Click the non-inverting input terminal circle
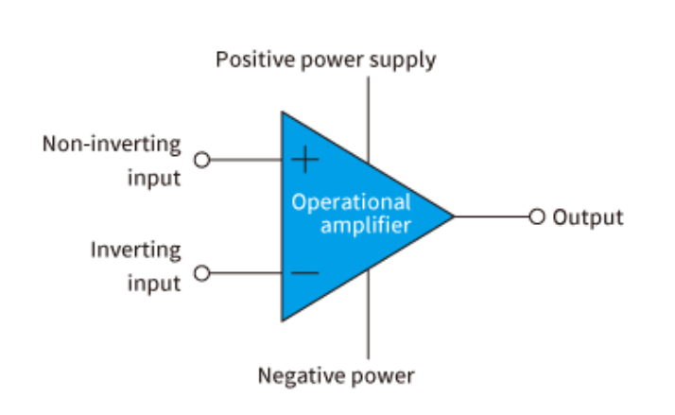[200, 160]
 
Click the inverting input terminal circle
[200, 274]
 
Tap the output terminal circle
[537, 216]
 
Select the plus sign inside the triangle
[304, 160]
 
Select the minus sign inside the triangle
[304, 274]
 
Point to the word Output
[587, 217]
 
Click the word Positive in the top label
[249, 61]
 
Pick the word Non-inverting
[112, 145]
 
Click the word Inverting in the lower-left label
[135, 251]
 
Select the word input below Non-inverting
[153, 178]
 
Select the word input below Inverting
[153, 284]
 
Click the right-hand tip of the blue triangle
[453, 216]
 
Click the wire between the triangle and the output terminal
[492, 216]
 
